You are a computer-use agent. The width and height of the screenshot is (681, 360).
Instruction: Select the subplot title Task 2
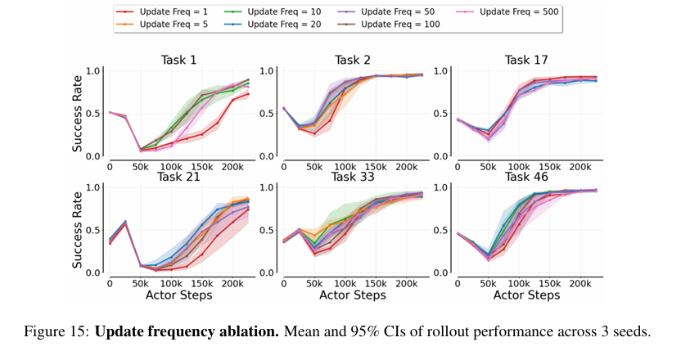click(x=353, y=60)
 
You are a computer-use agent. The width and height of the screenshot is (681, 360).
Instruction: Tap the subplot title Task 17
click(x=526, y=60)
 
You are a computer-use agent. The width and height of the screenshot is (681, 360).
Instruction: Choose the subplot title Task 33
click(x=353, y=177)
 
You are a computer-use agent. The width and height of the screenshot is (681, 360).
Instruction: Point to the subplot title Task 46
click(x=526, y=177)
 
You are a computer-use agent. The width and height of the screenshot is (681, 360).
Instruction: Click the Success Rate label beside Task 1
click(x=78, y=113)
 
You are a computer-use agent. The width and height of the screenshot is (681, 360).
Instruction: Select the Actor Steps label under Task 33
click(x=353, y=294)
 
